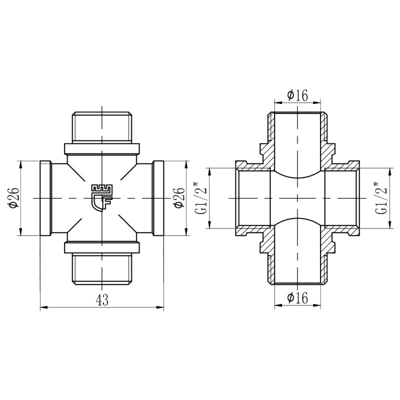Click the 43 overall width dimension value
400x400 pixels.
102,299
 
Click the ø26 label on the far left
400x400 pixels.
13,198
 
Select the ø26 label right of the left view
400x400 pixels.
178,198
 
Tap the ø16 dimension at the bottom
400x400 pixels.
297,298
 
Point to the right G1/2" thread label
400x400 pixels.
381,198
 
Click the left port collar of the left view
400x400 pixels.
45,198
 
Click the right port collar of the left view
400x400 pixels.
158,198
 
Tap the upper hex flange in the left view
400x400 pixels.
102,148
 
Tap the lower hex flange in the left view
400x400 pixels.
102,248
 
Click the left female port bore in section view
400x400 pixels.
254,198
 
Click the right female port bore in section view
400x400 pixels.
341,198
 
